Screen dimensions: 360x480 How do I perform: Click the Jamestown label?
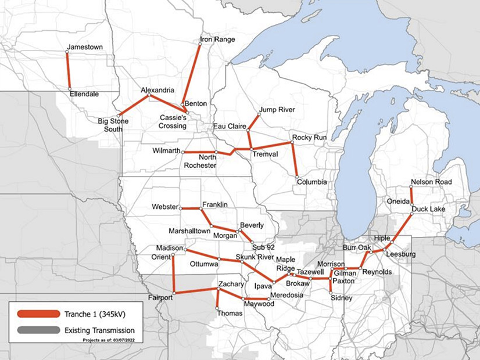click(85, 46)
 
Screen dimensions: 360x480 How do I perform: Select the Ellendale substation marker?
click(70, 89)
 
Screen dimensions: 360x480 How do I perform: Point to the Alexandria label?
click(157, 91)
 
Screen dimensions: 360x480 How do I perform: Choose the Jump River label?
click(277, 110)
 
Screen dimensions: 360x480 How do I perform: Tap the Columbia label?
click(311, 182)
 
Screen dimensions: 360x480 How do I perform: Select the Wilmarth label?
click(164, 152)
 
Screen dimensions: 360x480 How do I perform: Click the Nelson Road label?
click(431, 182)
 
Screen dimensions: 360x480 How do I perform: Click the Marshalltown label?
click(189, 231)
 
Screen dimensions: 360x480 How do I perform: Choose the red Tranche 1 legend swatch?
click(38, 314)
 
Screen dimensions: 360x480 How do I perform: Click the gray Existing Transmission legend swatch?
click(38, 330)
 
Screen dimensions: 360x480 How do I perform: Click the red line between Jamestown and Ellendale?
click(69, 70)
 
